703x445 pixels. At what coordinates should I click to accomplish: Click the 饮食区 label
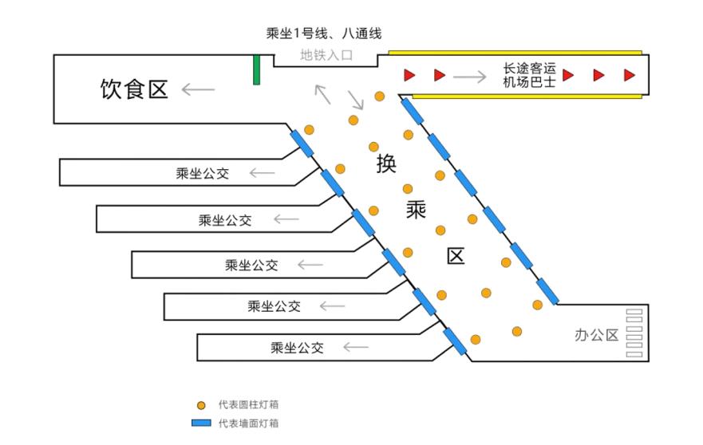[134, 89]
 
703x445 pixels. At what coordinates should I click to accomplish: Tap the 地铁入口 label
[326, 56]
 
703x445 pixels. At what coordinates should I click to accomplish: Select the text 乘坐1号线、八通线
[323, 33]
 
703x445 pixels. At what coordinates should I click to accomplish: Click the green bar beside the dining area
[256, 69]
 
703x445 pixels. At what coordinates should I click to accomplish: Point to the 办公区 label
[596, 335]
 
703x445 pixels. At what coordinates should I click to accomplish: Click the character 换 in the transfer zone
[386, 163]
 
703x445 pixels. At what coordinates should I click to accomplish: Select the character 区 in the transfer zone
[455, 256]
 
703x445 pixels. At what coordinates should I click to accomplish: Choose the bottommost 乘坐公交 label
[297, 348]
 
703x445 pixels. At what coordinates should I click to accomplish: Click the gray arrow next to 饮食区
[198, 89]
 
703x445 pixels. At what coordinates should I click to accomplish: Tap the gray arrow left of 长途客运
[469, 77]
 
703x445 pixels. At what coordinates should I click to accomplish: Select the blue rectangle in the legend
[201, 423]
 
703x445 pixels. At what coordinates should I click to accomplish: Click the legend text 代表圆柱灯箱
[248, 405]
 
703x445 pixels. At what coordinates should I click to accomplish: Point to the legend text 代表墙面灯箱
[248, 423]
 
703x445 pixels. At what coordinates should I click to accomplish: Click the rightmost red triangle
[629, 75]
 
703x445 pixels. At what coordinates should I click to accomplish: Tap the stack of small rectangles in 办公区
[634, 333]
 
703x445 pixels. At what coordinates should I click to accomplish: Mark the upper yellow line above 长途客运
[515, 53]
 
